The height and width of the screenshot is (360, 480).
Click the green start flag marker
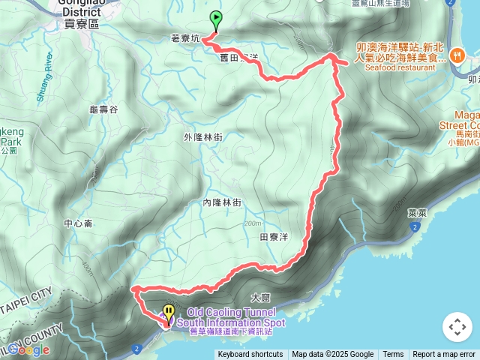[x=216, y=19]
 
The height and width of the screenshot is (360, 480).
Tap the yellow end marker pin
[x=169, y=312]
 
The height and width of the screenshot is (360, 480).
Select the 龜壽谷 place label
[x=103, y=109]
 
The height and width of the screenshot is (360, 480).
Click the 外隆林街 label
[x=202, y=137]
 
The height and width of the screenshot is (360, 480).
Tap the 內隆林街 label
[x=222, y=202]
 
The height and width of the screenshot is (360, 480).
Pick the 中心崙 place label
[x=78, y=223]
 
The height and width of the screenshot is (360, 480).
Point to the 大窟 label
[x=261, y=298]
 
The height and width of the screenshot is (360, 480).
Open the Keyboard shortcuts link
[x=250, y=355]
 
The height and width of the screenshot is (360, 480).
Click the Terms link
[x=393, y=355]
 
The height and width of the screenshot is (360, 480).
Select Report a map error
[x=444, y=355]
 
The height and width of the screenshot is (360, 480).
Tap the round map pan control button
[x=456, y=327]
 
